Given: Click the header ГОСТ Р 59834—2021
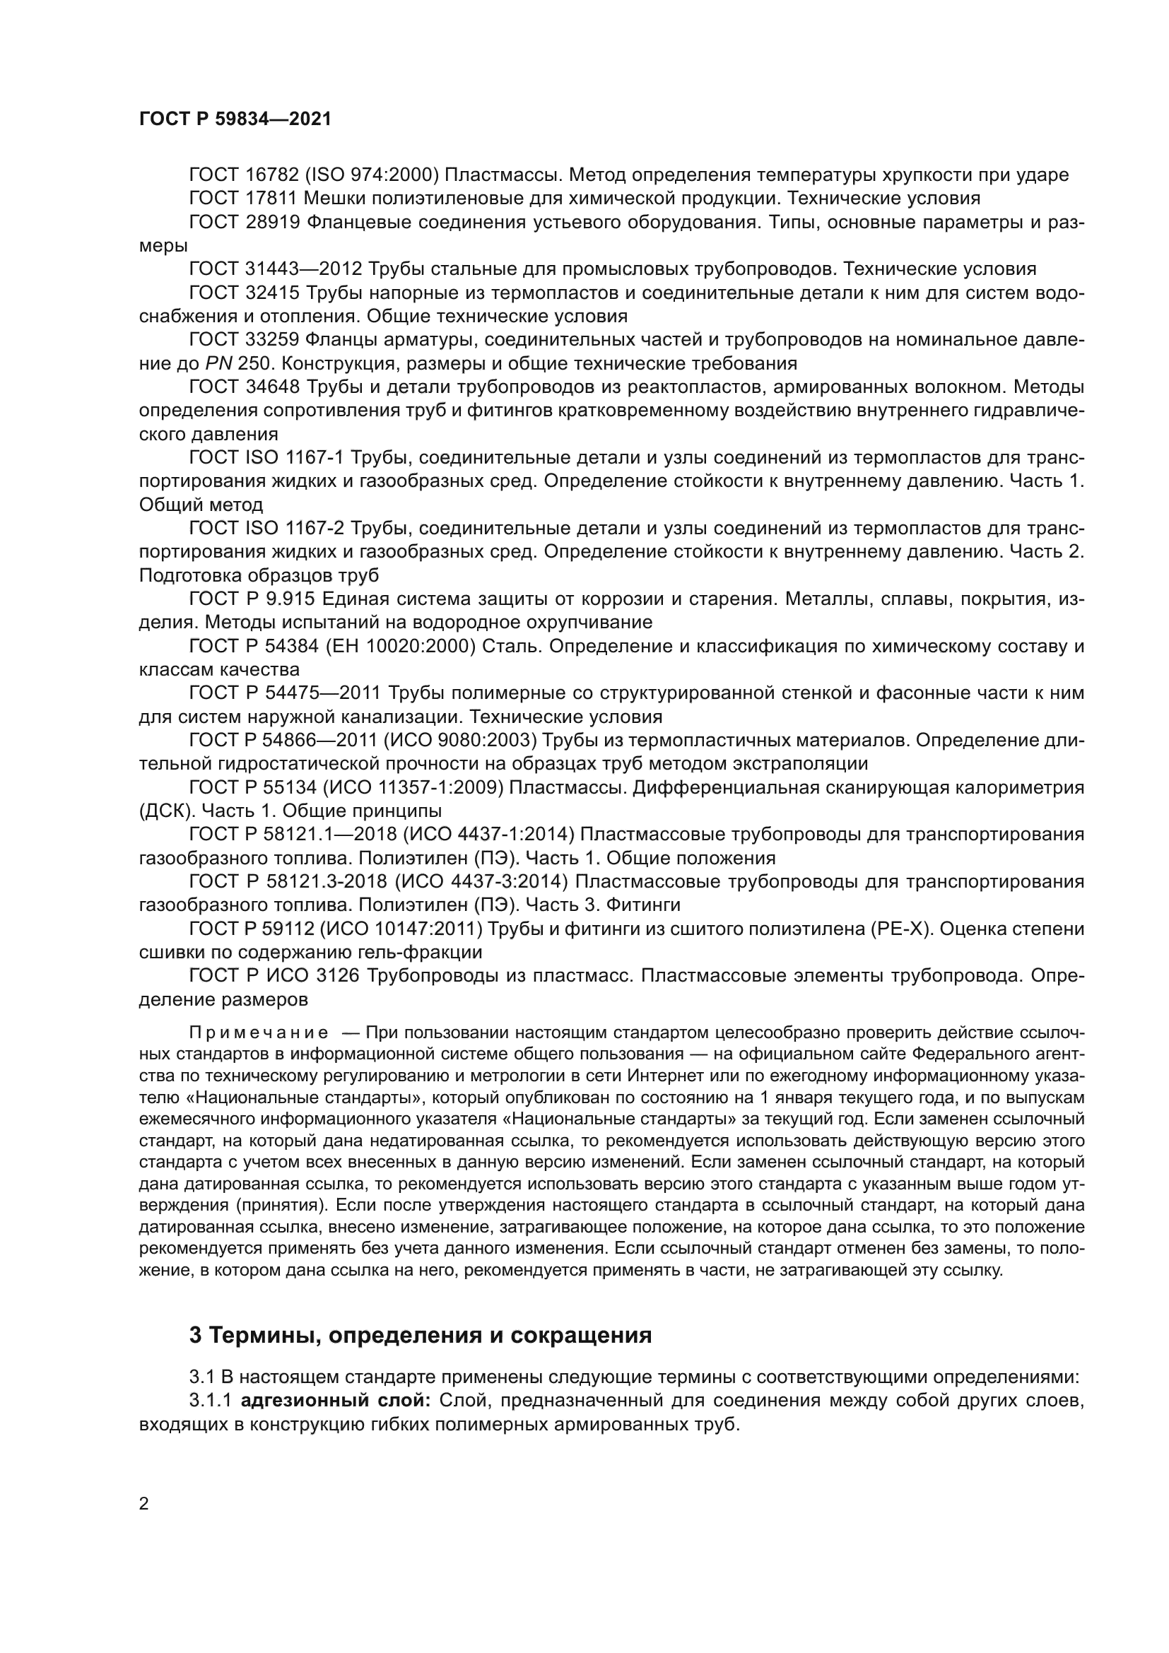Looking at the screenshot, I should [x=235, y=119].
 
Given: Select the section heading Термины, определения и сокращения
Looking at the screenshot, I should [x=421, y=1336].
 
